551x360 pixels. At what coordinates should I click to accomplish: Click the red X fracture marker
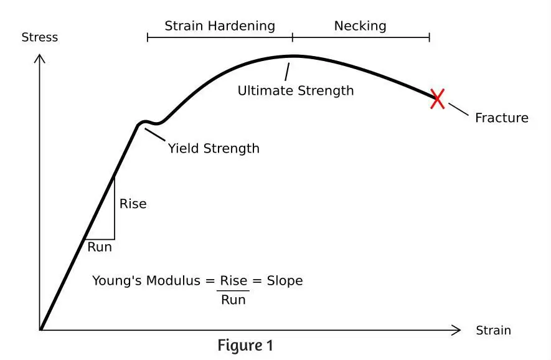pyautogui.click(x=438, y=99)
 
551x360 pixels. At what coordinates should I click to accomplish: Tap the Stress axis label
pyautogui.click(x=40, y=37)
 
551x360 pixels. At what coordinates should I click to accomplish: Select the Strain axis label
pyautogui.click(x=493, y=331)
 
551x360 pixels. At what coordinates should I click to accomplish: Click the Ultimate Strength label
pyautogui.click(x=296, y=91)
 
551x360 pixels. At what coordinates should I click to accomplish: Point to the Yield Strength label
pyautogui.click(x=214, y=148)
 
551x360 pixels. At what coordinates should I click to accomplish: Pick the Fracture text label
pyautogui.click(x=502, y=118)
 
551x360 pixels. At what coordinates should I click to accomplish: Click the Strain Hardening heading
pyautogui.click(x=220, y=26)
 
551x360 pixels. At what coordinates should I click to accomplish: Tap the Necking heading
pyautogui.click(x=360, y=26)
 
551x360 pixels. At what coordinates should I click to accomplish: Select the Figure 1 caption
pyautogui.click(x=245, y=345)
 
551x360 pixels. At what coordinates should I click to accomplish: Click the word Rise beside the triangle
pyautogui.click(x=133, y=204)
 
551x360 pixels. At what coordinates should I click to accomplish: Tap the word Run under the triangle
pyautogui.click(x=100, y=247)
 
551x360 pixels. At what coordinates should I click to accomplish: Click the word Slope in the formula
pyautogui.click(x=285, y=280)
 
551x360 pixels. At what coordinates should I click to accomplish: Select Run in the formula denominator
pyautogui.click(x=233, y=300)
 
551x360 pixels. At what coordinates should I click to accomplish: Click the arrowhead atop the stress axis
pyautogui.click(x=40, y=58)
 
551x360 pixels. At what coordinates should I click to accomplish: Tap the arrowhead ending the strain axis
pyautogui.click(x=456, y=330)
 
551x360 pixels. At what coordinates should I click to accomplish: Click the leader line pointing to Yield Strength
pyautogui.click(x=155, y=135)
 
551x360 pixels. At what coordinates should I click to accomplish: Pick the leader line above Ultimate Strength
pyautogui.click(x=287, y=72)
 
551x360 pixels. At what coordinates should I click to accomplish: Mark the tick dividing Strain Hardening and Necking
pyautogui.click(x=293, y=37)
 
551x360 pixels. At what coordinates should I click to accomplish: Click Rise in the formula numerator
pyautogui.click(x=233, y=280)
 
